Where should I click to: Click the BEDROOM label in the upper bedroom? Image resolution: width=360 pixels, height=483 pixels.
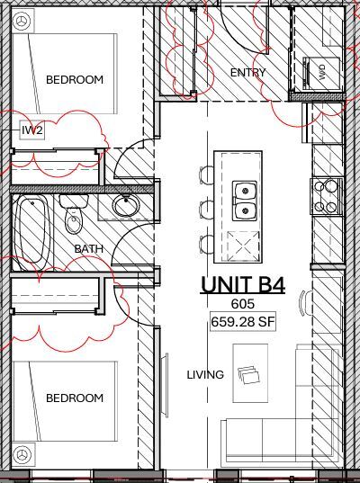pyautogui.click(x=74, y=79)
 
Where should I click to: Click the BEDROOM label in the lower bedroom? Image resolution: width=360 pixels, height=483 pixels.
pyautogui.click(x=74, y=398)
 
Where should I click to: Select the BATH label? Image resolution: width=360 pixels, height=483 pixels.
pyautogui.click(x=89, y=248)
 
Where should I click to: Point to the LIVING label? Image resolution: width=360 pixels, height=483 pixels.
pyautogui.click(x=205, y=374)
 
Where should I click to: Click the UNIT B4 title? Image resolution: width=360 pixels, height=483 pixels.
pyautogui.click(x=242, y=285)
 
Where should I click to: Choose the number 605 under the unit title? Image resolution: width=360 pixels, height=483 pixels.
pyautogui.click(x=242, y=305)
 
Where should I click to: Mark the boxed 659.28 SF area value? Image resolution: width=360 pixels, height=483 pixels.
pyautogui.click(x=242, y=321)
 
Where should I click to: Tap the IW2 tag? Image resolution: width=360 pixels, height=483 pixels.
pyautogui.click(x=32, y=130)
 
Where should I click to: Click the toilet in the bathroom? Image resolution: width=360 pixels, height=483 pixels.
pyautogui.click(x=74, y=219)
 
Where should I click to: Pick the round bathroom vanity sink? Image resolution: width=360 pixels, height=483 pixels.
pyautogui.click(x=125, y=207)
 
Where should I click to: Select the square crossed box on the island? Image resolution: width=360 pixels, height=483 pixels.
pyautogui.click(x=244, y=243)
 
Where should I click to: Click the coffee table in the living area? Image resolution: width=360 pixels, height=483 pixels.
pyautogui.click(x=249, y=373)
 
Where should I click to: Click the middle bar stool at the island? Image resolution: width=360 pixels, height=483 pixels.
pyautogui.click(x=206, y=209)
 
